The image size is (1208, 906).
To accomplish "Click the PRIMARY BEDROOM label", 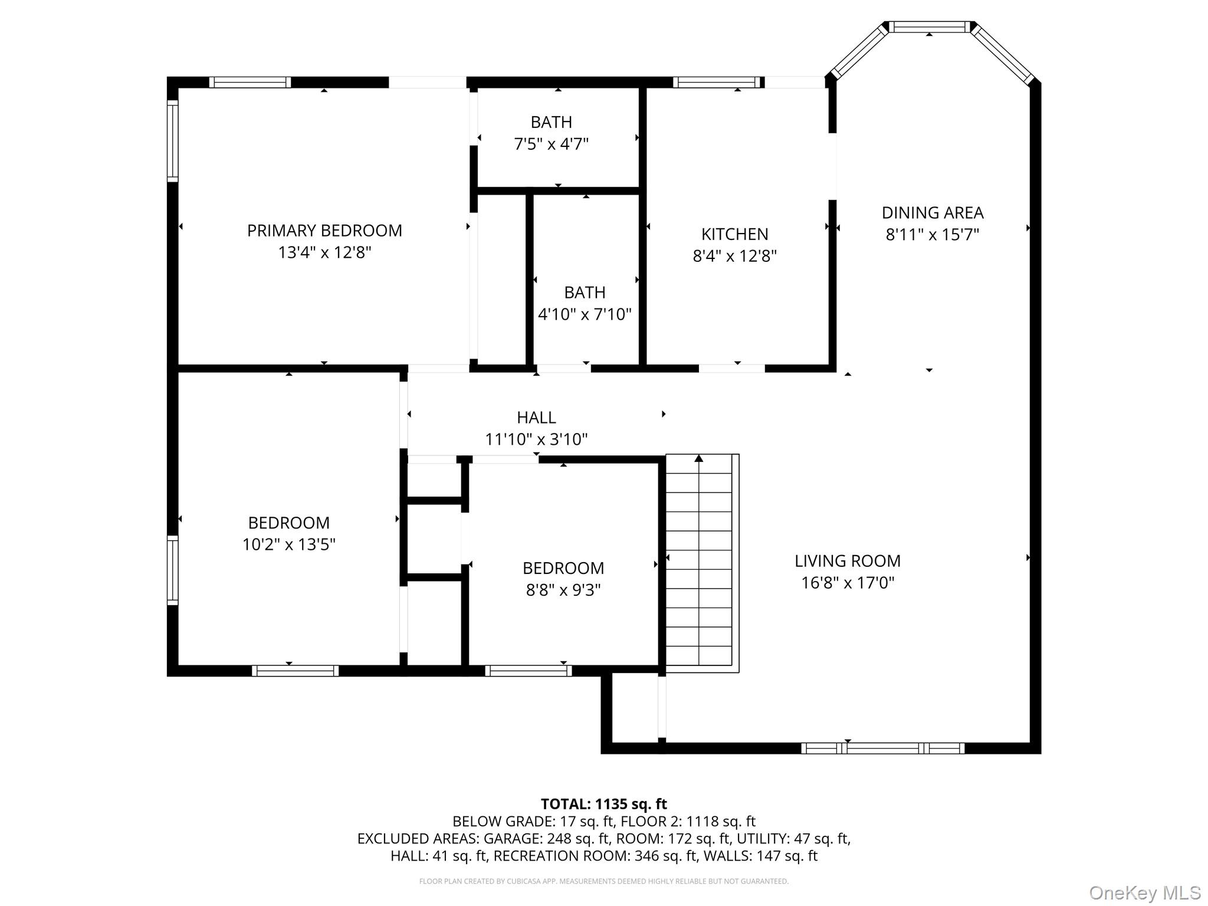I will (x=324, y=231).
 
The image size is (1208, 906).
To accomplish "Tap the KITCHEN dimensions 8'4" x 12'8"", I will (x=734, y=256).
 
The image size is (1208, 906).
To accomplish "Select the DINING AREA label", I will (x=932, y=212).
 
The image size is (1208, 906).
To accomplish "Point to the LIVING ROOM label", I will (x=847, y=561).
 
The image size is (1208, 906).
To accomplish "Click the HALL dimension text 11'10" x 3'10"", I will (x=536, y=439).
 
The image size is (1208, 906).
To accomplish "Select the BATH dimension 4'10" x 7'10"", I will (x=585, y=314).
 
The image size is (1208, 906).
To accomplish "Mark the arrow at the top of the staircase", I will (x=699, y=458).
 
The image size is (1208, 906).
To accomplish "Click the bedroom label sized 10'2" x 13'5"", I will (x=288, y=523).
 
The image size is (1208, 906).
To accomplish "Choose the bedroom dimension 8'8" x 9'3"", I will (x=563, y=590).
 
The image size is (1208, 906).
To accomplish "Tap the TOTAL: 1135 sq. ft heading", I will (x=603, y=804).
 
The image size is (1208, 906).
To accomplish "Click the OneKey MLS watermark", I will (x=1144, y=892).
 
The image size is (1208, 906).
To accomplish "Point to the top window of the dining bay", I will (x=929, y=27).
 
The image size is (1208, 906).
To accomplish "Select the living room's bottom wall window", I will (x=882, y=749).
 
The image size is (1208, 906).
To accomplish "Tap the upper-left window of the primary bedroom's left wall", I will (x=172, y=140).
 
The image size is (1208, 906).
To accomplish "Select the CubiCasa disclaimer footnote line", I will (x=603, y=881).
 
